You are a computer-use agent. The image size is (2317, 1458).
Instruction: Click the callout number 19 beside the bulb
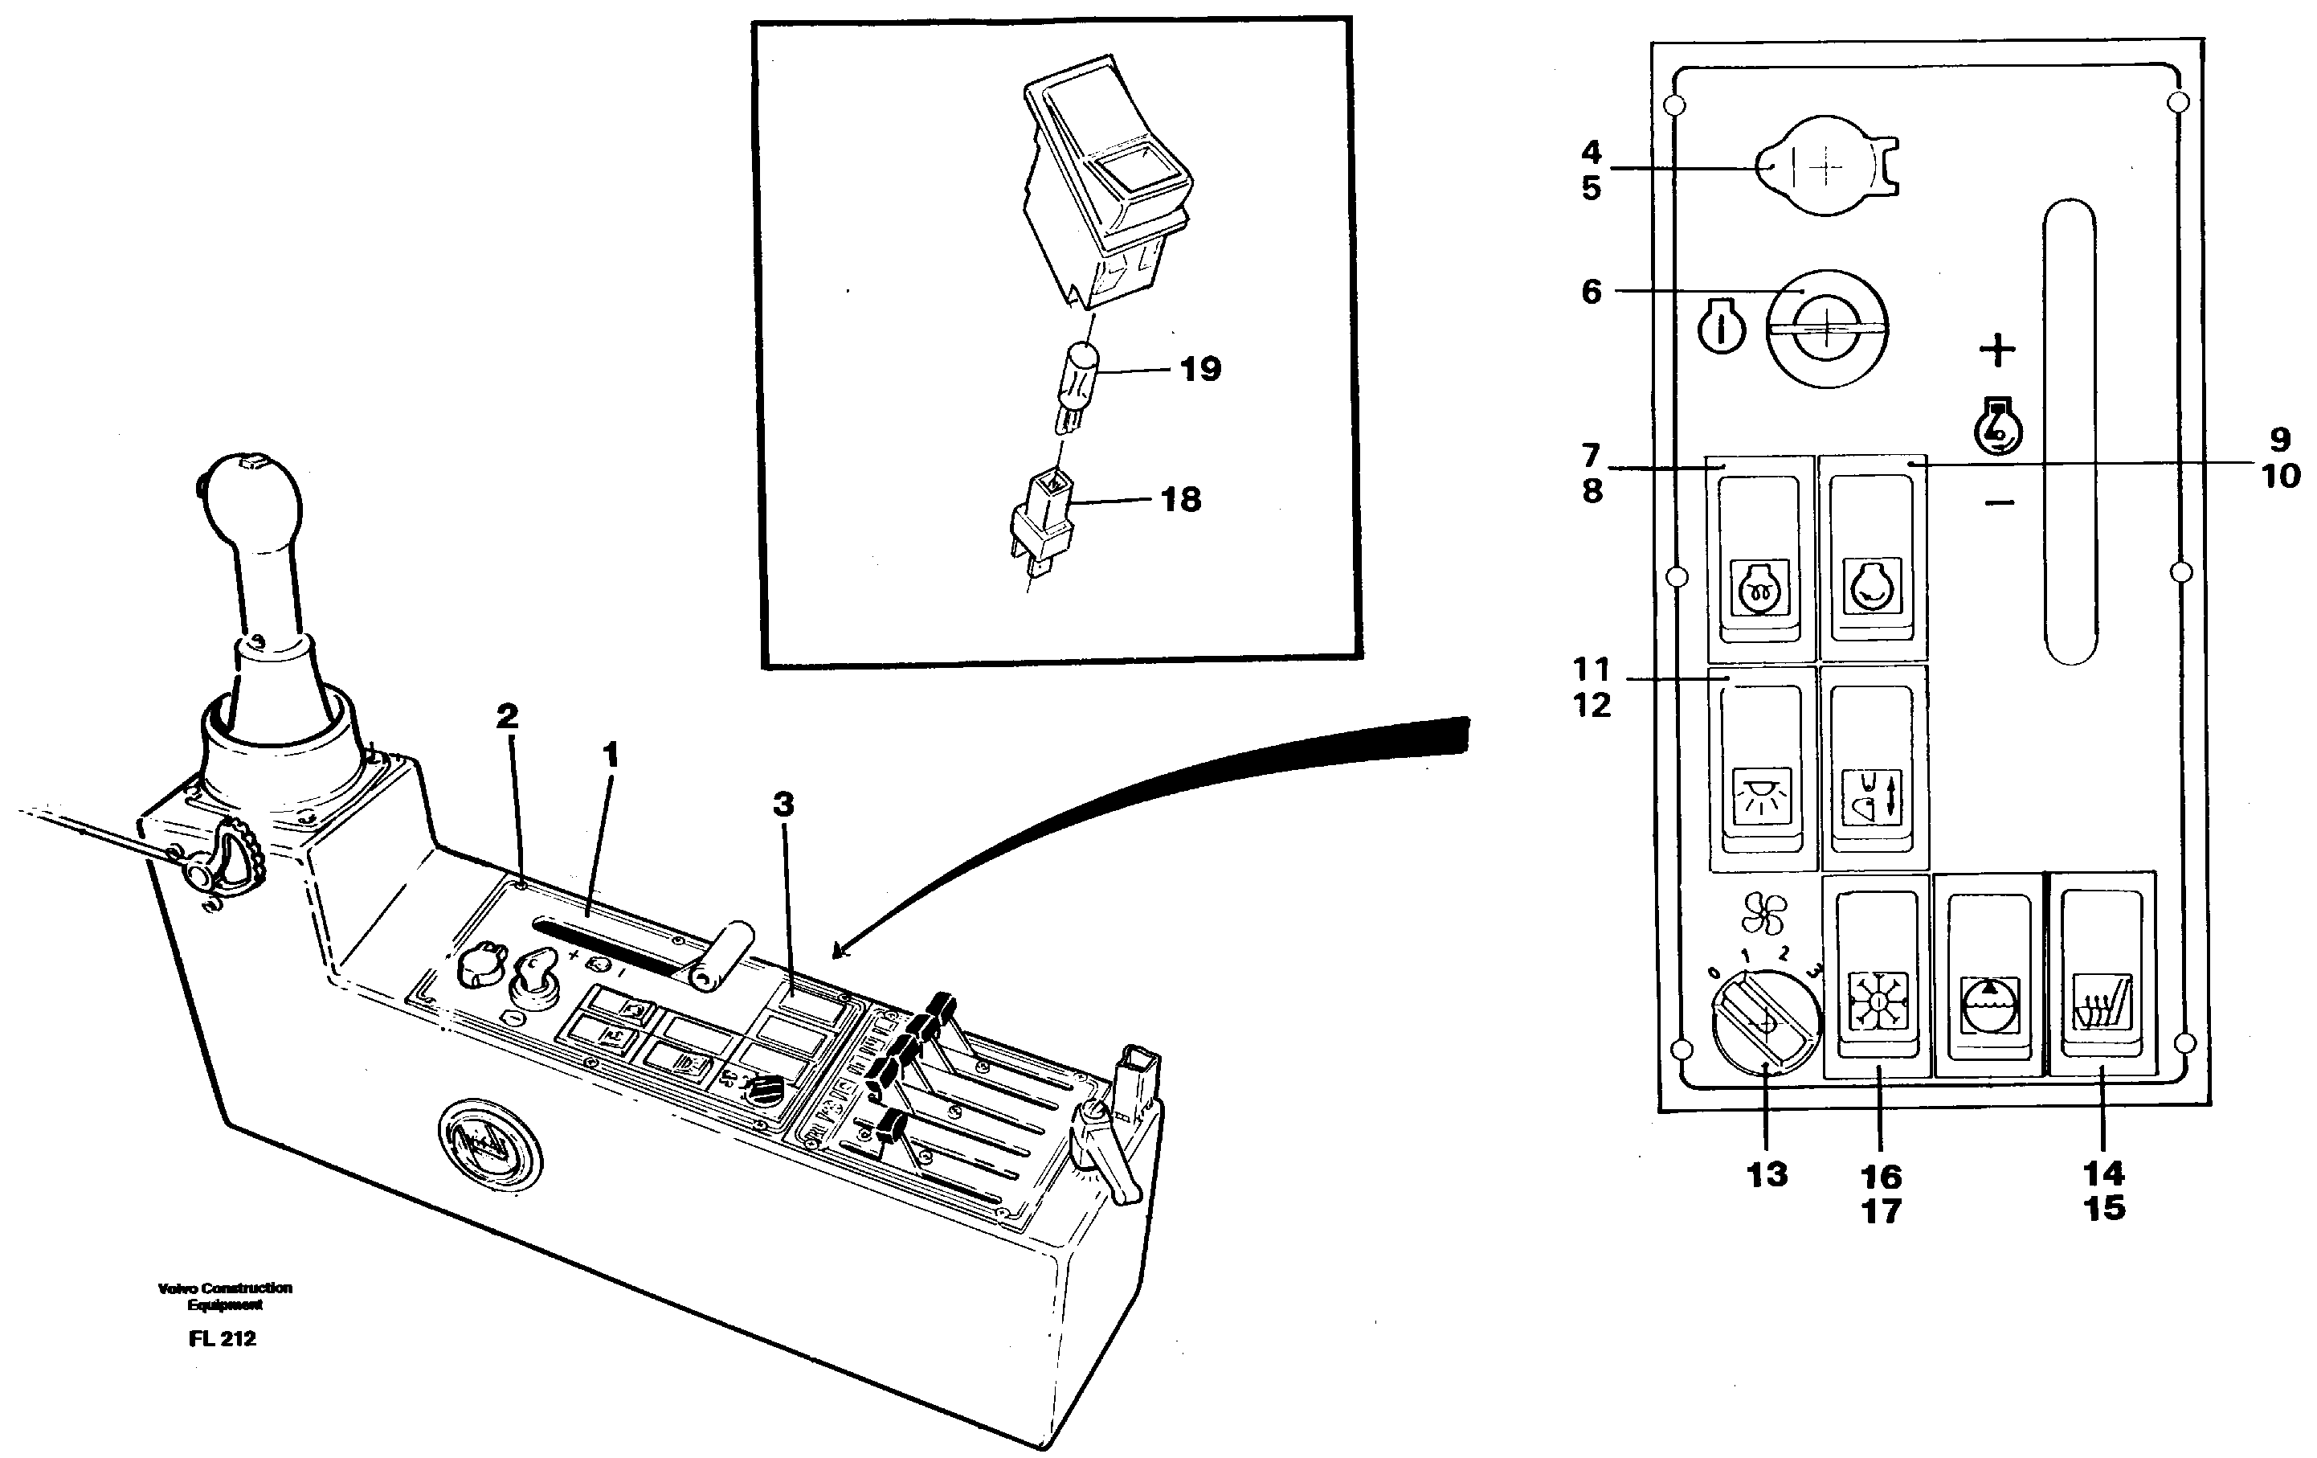1200,369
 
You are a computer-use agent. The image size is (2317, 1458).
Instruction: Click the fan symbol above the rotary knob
1763,913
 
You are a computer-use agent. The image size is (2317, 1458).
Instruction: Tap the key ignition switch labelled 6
1826,328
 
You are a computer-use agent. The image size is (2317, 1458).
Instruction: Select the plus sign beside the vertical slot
1996,350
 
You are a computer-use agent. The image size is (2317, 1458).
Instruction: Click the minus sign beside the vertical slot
2000,502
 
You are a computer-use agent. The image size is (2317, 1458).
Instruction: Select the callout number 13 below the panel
1767,1174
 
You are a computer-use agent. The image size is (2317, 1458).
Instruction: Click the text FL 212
223,1339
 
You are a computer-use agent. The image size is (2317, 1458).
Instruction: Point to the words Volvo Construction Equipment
224,1296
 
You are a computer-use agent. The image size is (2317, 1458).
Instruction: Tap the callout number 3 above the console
783,804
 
